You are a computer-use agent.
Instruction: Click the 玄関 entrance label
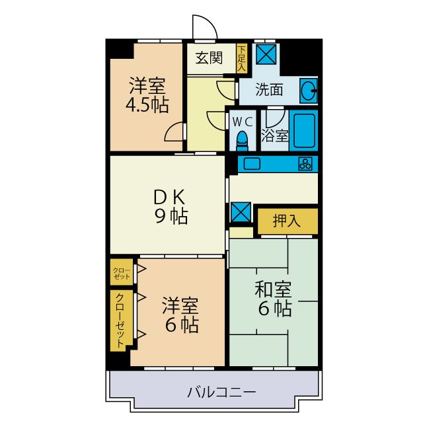point(209,58)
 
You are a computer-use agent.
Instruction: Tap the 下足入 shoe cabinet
point(241,58)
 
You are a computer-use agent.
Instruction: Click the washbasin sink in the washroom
point(309,90)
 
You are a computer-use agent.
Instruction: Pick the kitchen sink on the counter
point(253,163)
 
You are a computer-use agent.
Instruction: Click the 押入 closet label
point(288,221)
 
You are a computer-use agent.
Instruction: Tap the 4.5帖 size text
point(147,105)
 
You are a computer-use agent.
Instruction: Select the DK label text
point(171,197)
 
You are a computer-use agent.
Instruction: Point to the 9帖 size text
point(171,216)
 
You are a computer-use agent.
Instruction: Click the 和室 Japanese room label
point(274,289)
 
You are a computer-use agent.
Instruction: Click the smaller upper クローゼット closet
point(121,272)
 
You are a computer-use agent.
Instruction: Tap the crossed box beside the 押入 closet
point(239,211)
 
